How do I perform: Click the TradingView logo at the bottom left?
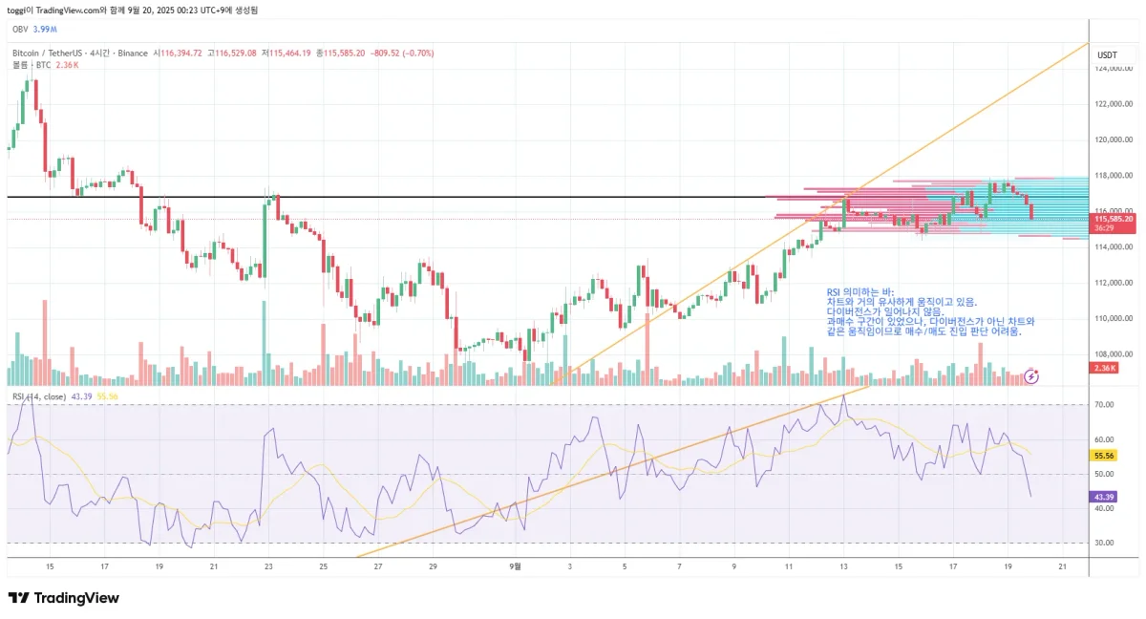pyautogui.click(x=64, y=598)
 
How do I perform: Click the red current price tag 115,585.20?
pyautogui.click(x=1114, y=219)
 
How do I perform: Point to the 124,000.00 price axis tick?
pyautogui.click(x=1114, y=69)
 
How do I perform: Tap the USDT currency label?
pyautogui.click(x=1108, y=54)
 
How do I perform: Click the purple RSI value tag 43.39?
pyautogui.click(x=1103, y=497)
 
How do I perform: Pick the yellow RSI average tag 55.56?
pyautogui.click(x=1103, y=457)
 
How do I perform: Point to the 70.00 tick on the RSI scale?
pyautogui.click(x=1104, y=405)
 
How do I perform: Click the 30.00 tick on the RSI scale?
pyautogui.click(x=1104, y=544)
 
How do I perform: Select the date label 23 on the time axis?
pyautogui.click(x=268, y=566)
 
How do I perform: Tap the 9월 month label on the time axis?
pyautogui.click(x=515, y=566)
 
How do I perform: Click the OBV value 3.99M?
pyautogui.click(x=45, y=30)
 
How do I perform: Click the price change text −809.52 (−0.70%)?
pyautogui.click(x=402, y=53)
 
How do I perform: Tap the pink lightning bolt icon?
pyautogui.click(x=1031, y=376)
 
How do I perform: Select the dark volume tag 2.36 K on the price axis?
pyautogui.click(x=1105, y=368)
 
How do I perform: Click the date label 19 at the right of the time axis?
pyautogui.click(x=1008, y=566)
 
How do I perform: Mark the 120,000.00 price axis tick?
pyautogui.click(x=1114, y=140)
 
